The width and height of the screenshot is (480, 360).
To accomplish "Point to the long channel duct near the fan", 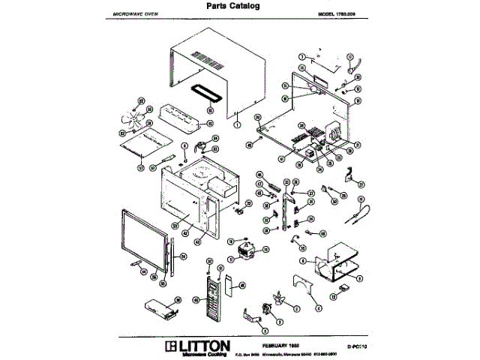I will [179, 117].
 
